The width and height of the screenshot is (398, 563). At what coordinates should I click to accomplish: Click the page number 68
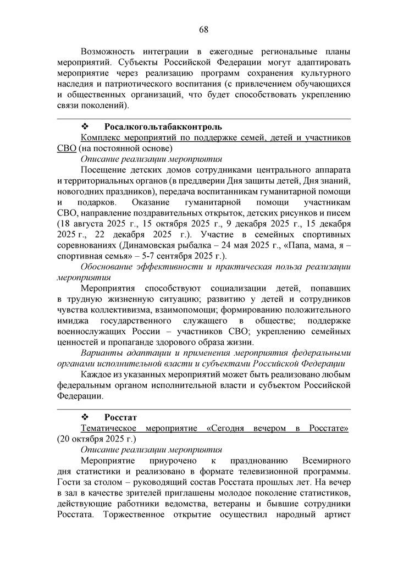[203, 29]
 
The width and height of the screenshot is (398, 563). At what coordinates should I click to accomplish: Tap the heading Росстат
[120, 417]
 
